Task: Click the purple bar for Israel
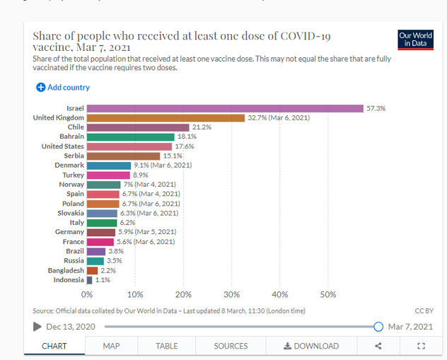(x=225, y=108)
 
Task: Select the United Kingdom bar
(x=166, y=117)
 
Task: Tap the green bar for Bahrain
(x=131, y=137)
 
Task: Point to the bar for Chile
(x=138, y=127)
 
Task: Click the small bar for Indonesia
(x=90, y=280)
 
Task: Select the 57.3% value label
(x=376, y=108)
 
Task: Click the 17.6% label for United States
(x=185, y=146)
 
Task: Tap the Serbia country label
(x=74, y=156)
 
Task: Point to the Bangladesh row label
(x=66, y=270)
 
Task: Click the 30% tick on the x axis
(x=231, y=294)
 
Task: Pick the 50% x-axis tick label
(x=327, y=294)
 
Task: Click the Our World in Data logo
(x=415, y=40)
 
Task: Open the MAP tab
(x=111, y=346)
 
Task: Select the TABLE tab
(x=167, y=346)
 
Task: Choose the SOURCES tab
(x=231, y=346)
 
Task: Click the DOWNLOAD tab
(x=311, y=346)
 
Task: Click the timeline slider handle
(x=378, y=327)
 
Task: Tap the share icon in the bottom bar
(x=378, y=346)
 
